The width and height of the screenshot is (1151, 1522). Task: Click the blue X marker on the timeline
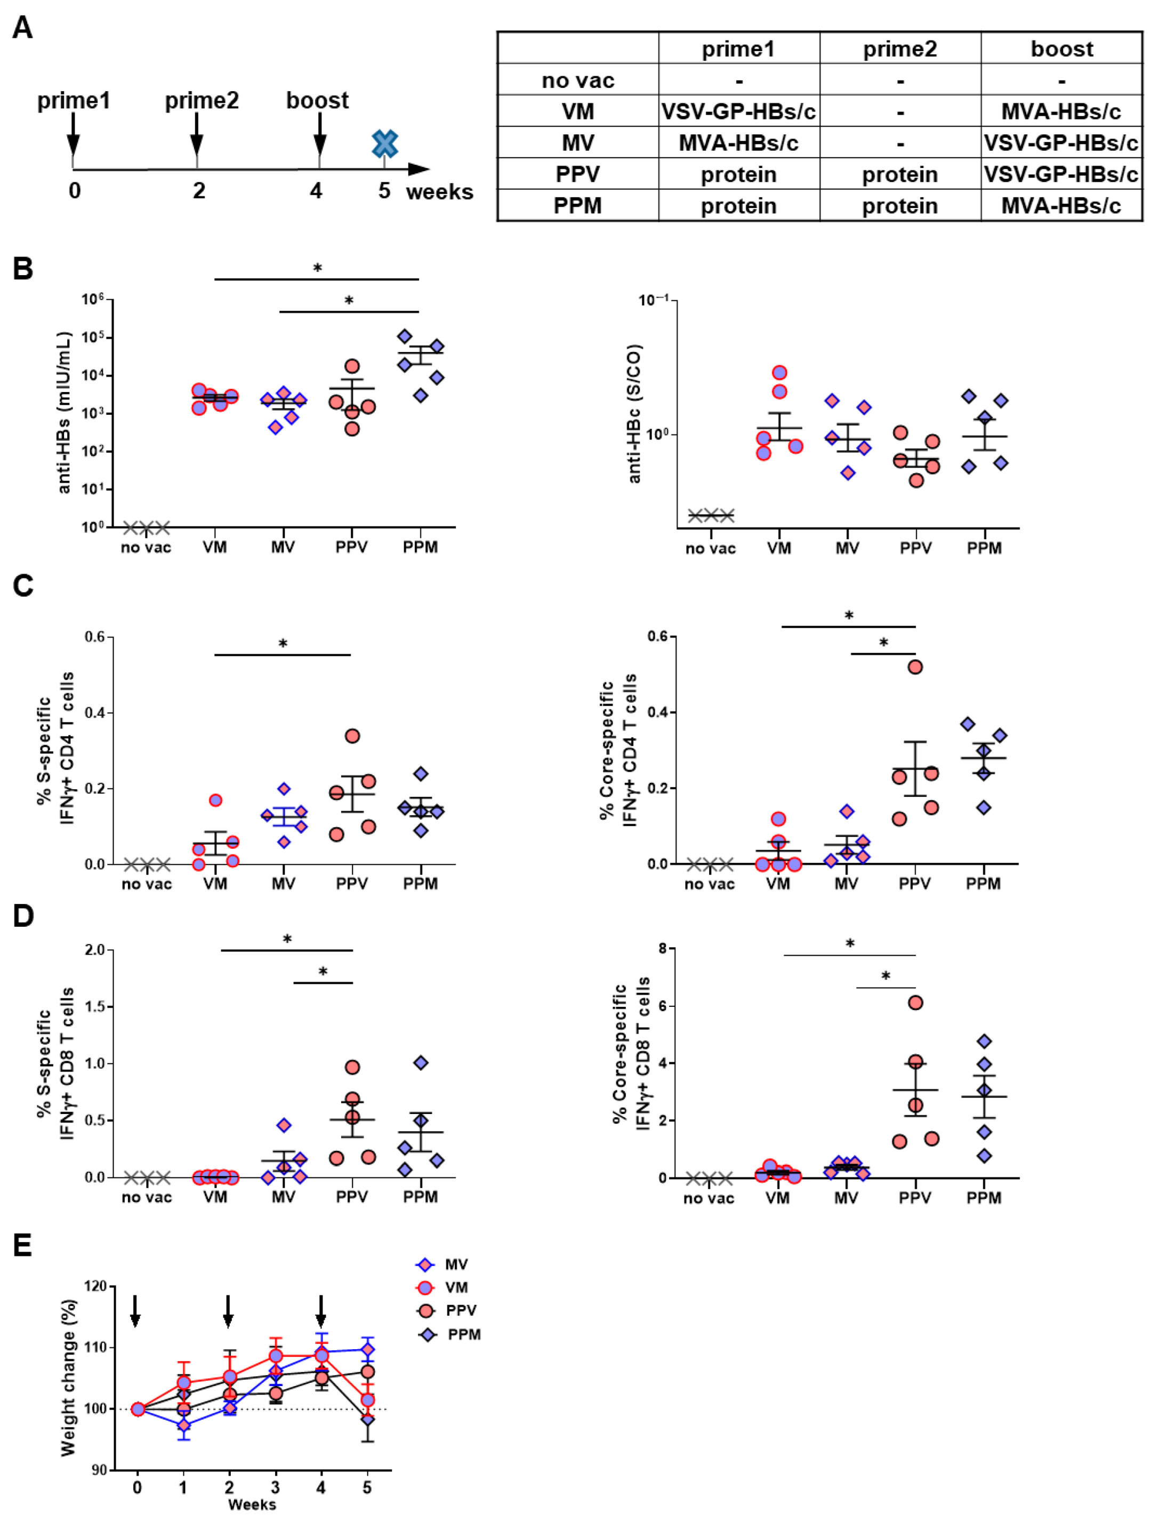(x=384, y=144)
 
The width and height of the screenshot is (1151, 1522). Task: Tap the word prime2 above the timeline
(x=202, y=100)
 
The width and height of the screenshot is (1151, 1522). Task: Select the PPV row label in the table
(x=577, y=175)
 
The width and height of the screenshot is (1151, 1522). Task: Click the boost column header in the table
(x=1061, y=49)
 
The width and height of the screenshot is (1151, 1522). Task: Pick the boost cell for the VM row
(x=1061, y=111)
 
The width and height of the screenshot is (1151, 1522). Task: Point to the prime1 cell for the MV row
(x=738, y=143)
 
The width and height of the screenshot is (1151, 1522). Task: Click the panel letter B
(x=23, y=268)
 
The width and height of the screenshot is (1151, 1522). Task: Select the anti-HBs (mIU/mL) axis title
(x=65, y=413)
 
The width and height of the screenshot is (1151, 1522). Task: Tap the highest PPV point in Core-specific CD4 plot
(x=915, y=667)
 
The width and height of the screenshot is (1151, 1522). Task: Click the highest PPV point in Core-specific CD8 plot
(x=915, y=1003)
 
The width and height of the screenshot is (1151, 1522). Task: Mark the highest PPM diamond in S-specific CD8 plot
(x=421, y=1063)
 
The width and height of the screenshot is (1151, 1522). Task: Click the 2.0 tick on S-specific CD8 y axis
(x=94, y=950)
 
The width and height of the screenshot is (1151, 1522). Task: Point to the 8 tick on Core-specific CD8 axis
(x=662, y=949)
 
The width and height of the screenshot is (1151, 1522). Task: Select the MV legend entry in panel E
(x=455, y=1264)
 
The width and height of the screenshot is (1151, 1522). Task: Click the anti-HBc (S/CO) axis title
(x=634, y=413)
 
